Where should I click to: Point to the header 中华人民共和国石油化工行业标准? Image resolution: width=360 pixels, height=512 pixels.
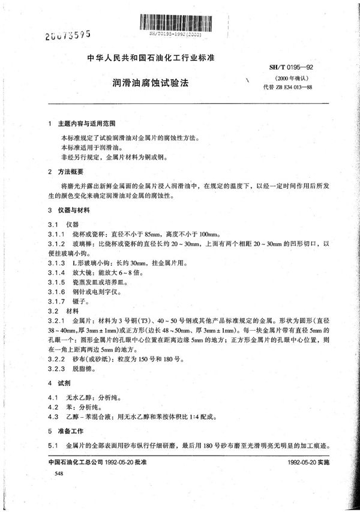pyautogui.click(x=147, y=59)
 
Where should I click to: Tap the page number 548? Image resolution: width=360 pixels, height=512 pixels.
pyautogui.click(x=59, y=474)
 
